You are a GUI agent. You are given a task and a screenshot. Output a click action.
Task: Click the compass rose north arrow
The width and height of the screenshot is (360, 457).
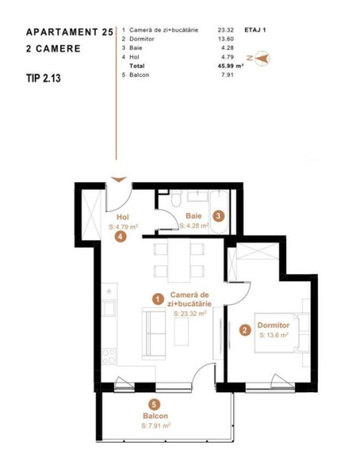point(262,59)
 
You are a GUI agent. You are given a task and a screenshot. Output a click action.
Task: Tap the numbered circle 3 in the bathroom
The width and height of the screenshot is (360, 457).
point(218,216)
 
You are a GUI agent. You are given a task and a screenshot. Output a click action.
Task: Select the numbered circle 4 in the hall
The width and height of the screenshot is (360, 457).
point(120,236)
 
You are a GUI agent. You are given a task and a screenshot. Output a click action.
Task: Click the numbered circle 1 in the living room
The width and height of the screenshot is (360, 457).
point(158,299)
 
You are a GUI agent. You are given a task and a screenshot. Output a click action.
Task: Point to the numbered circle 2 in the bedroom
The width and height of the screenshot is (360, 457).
point(244,331)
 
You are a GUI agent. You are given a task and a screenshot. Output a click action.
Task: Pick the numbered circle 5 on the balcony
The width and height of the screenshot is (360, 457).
point(155,404)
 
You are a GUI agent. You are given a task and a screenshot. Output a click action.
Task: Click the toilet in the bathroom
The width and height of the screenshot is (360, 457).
point(177,199)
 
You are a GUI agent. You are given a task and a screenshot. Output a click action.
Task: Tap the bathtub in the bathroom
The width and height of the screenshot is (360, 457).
point(218,212)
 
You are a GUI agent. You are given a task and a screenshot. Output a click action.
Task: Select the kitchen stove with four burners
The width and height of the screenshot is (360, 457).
point(109,356)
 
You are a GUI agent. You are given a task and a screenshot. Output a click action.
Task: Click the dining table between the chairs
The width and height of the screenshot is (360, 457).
point(179,260)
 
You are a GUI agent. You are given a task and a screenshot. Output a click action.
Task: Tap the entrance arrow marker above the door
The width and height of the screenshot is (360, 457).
point(119,179)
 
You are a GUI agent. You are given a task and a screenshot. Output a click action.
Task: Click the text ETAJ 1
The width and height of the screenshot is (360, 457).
point(255,30)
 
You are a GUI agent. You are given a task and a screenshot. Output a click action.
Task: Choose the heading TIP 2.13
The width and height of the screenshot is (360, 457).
point(43,78)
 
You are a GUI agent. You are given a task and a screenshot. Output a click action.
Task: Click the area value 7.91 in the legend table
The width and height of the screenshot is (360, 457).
point(228,75)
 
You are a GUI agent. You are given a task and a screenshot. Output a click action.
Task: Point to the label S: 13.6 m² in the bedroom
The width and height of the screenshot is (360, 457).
point(274,335)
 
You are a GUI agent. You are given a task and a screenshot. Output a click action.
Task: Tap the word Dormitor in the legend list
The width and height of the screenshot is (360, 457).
point(142,39)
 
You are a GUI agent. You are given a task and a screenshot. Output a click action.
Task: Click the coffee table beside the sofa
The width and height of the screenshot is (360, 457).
point(181,331)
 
